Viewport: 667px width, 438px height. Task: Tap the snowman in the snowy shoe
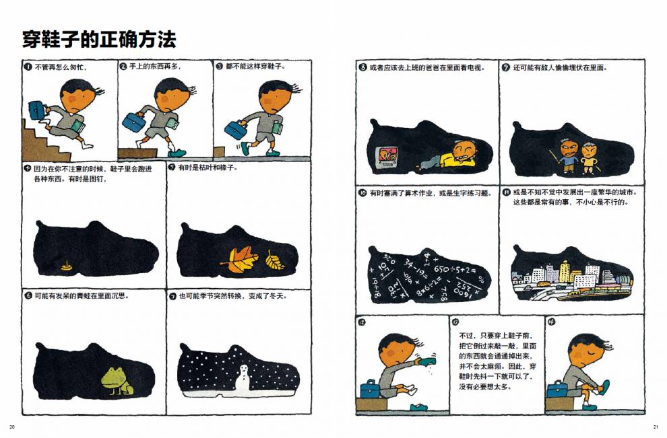point(244,378)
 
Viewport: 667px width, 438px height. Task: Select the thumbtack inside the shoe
point(66,266)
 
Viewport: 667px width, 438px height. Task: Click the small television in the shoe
point(387,155)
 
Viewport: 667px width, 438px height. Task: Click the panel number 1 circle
point(28,67)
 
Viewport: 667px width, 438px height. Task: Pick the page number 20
point(12,427)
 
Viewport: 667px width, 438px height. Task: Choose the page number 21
point(655,427)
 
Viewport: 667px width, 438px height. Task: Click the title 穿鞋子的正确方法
point(99,40)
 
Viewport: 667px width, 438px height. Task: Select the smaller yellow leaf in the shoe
point(275,260)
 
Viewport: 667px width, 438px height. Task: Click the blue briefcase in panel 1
point(37,110)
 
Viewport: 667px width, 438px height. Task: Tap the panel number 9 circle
point(505,67)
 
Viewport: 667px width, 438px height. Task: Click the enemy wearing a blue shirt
point(567,155)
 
